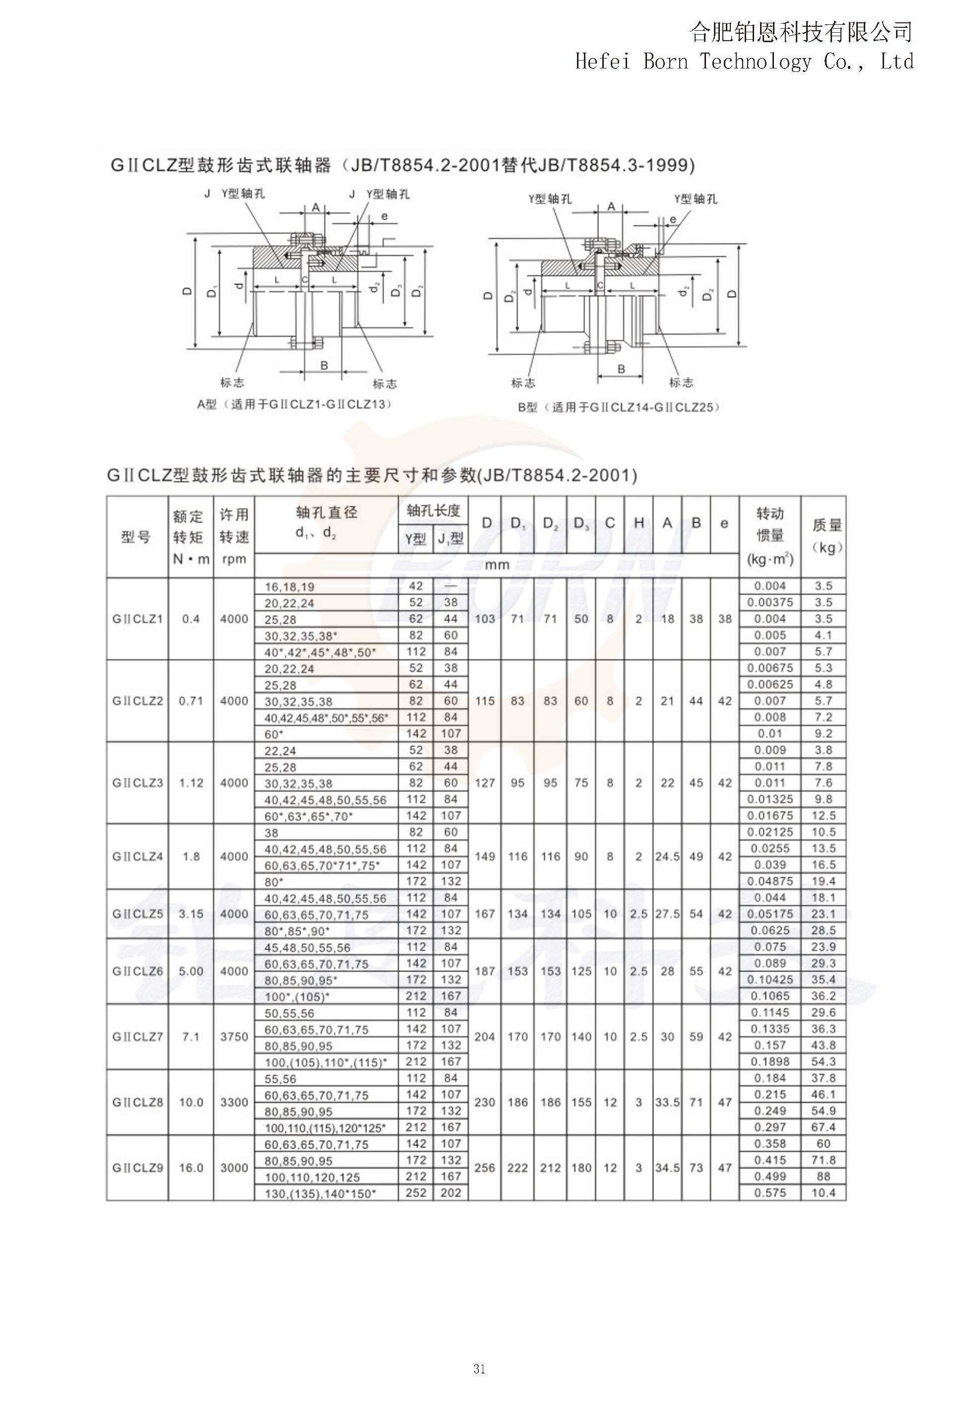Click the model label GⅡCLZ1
[137, 619]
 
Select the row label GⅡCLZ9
[137, 1168]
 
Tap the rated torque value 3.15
[191, 914]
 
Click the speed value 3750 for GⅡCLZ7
[234, 1037]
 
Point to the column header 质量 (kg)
[827, 536]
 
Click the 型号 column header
[136, 537]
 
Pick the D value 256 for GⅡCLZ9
[484, 1168]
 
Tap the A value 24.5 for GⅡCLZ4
[667, 857]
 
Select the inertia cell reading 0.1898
[770, 1062]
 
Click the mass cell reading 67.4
[823, 1127]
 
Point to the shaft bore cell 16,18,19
[289, 587]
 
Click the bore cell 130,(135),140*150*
[320, 1193]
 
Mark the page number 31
[479, 1369]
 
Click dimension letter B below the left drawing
[324, 366]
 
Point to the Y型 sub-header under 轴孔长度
[415, 539]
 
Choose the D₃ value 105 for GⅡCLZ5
[581, 914]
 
